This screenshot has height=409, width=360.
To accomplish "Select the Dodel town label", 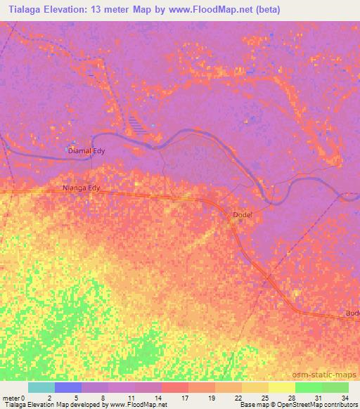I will coord(241,214).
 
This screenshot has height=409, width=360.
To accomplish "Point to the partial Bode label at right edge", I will coord(352,313).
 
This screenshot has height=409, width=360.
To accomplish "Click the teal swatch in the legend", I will coord(41,387).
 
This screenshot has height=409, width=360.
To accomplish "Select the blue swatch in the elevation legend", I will coord(68,387).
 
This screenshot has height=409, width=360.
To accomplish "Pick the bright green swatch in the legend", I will coord(308,387).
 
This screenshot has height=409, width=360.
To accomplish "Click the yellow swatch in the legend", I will coord(281,387).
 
